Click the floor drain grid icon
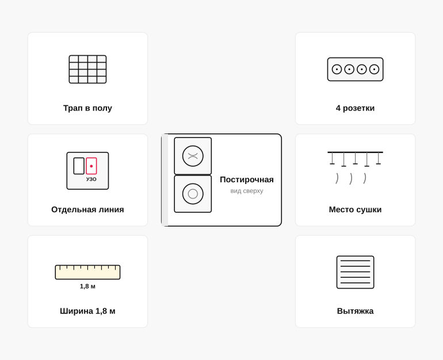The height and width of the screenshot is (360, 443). [87, 69]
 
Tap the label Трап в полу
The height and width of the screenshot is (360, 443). [87, 108]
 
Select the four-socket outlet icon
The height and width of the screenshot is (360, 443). [355, 70]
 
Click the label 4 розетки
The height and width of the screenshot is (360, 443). [355, 108]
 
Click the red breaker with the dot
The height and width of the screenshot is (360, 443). [91, 166]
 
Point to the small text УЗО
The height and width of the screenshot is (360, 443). [91, 179]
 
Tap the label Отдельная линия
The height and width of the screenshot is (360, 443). [87, 209]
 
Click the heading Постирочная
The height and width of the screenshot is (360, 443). [247, 179]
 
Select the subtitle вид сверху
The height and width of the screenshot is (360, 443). [247, 191]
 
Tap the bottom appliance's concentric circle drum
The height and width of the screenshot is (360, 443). [193, 194]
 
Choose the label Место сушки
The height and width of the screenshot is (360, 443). [355, 209]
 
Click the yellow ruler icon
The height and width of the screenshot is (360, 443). [87, 272]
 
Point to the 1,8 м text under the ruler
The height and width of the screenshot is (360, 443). [87, 286]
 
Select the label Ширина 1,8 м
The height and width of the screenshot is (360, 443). [87, 311]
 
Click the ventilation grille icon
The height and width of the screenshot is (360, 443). [355, 272]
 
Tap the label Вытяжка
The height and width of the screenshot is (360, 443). [355, 311]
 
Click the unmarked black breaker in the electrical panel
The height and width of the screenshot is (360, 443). [79, 166]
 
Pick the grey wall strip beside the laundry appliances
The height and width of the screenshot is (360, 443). [165, 180]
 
